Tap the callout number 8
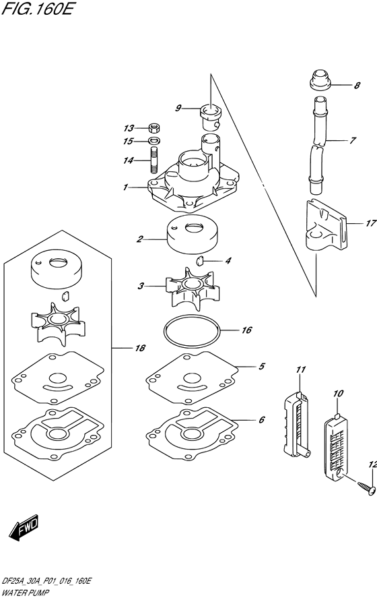pos(357,86)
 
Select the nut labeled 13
pos(152,127)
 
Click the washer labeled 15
pos(152,142)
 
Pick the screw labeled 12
pos(363,489)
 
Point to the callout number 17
pos(370,224)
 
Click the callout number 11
pos(300,370)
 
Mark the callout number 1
pos(126,187)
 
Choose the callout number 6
pos(261,419)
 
